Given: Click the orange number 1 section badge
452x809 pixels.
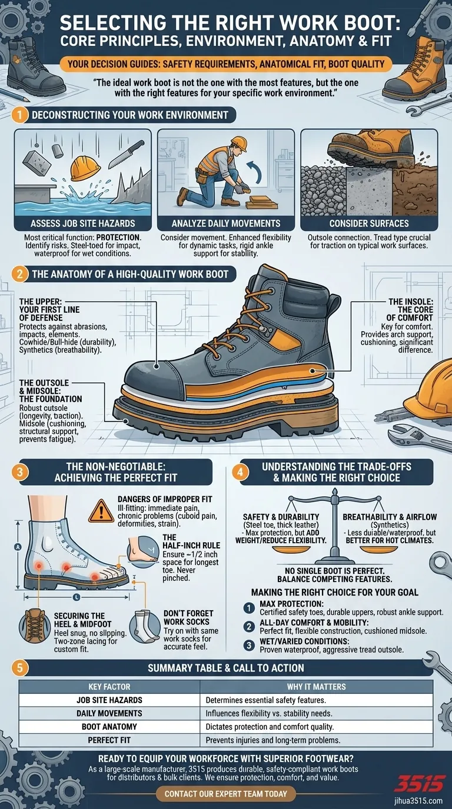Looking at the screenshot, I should point(20,115).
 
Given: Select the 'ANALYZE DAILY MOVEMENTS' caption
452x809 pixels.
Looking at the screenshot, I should point(225,223).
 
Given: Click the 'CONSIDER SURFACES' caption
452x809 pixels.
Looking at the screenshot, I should point(368,223).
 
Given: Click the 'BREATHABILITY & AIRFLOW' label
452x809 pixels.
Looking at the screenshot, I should point(389,517).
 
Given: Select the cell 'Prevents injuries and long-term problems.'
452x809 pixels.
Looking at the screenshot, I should point(272,740).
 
